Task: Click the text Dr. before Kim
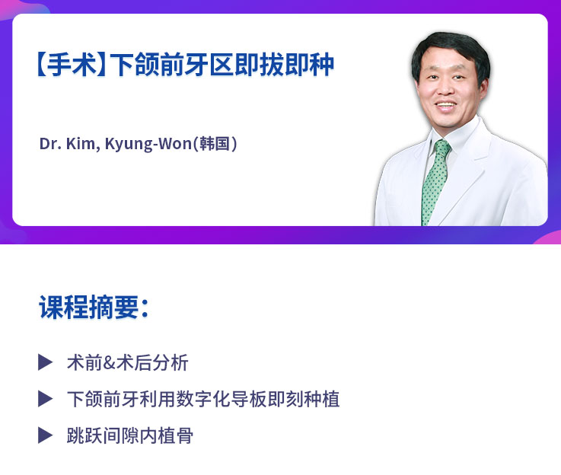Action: click(49, 143)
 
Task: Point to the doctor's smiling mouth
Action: click(448, 106)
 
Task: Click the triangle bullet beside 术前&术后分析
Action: click(46, 362)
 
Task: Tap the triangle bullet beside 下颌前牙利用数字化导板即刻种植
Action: click(46, 398)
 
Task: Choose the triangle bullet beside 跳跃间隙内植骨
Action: click(46, 435)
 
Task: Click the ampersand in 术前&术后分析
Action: click(108, 362)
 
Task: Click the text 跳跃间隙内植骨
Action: click(129, 435)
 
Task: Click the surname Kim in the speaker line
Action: click(81, 143)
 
